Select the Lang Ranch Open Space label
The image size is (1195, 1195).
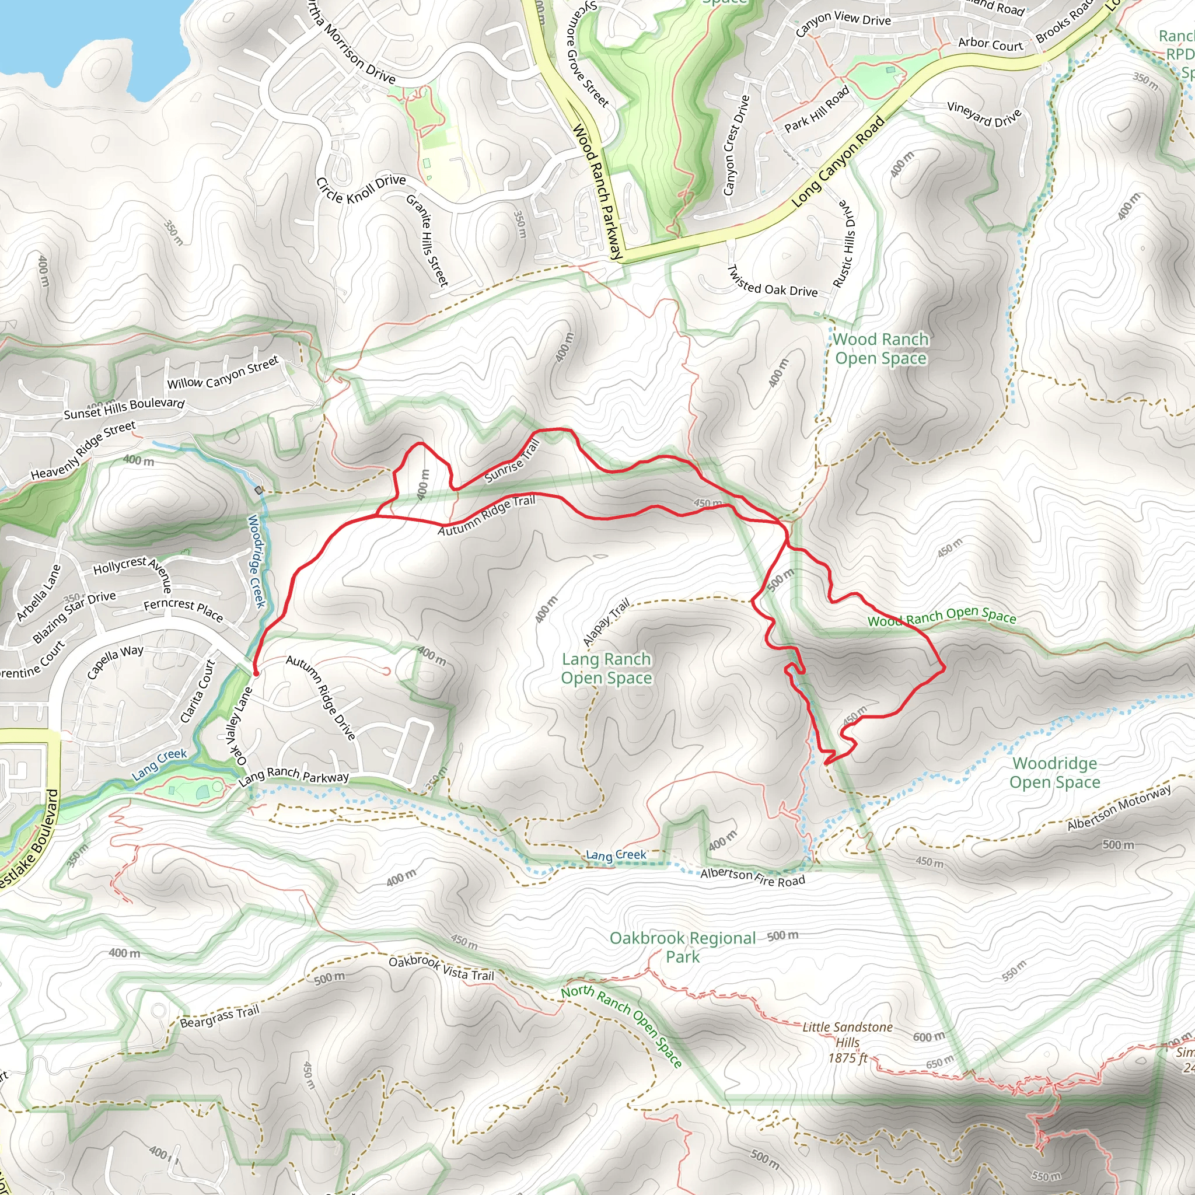click(x=606, y=669)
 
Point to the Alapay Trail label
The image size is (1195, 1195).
click(x=607, y=621)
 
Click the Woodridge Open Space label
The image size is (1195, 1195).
click(x=1054, y=773)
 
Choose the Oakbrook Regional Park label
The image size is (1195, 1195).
click(x=683, y=947)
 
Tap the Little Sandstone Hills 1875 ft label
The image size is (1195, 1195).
click(x=847, y=1042)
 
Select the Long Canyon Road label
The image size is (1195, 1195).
click(x=837, y=162)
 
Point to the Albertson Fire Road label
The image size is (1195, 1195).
click(x=752, y=877)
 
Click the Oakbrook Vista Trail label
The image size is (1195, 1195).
click(x=441, y=969)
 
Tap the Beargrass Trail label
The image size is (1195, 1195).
click(x=219, y=1017)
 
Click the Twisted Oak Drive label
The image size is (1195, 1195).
click(x=772, y=282)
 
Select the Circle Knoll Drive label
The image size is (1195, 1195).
click(x=361, y=189)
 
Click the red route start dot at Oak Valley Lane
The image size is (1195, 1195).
click(x=256, y=672)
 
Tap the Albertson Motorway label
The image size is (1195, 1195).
click(x=1119, y=808)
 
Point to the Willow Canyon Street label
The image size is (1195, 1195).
click(x=223, y=374)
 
